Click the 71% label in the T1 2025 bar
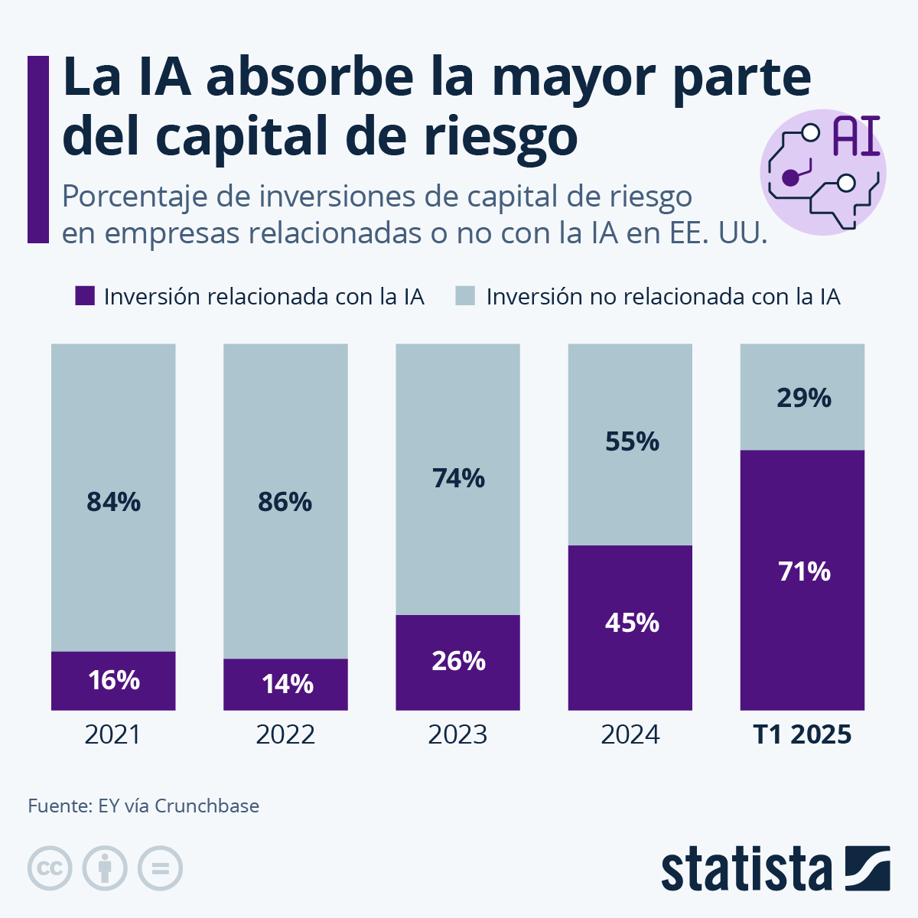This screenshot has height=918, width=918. (804, 571)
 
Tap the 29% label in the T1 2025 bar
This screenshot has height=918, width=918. (803, 398)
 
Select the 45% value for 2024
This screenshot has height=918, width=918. (632, 623)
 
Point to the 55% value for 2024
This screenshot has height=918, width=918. (632, 441)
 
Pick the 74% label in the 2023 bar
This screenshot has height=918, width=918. (458, 478)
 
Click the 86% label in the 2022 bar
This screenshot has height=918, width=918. (285, 502)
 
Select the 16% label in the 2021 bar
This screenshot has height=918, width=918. (113, 680)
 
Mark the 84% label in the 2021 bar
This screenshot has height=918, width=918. (113, 502)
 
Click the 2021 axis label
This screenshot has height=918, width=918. (113, 734)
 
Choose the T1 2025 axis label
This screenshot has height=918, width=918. (802, 734)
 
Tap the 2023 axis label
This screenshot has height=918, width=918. (457, 734)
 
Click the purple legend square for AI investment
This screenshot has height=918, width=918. (84, 296)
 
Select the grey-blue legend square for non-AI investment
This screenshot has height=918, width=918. (465, 296)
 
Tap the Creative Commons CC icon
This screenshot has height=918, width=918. (50, 868)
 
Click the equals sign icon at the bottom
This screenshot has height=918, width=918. (161, 868)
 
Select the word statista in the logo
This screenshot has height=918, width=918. (747, 869)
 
